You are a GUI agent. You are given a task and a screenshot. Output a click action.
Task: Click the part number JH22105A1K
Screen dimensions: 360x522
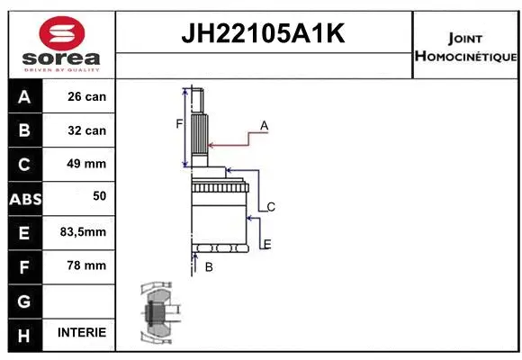264,35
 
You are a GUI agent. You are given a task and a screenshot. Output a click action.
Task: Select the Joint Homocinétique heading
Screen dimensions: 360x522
465,48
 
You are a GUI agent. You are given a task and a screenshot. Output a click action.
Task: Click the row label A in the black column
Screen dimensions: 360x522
23,96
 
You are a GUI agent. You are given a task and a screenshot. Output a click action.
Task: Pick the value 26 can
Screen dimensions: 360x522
86,96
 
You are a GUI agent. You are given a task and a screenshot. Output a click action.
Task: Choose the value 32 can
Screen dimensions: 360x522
86,130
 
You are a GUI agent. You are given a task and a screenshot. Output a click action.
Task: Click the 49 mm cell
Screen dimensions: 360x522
86,164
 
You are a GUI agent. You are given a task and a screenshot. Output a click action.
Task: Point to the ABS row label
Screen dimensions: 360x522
23,199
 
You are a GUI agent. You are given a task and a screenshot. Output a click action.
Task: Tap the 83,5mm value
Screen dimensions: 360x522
83,232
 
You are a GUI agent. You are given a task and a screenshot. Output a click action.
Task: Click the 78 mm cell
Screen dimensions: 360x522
86,265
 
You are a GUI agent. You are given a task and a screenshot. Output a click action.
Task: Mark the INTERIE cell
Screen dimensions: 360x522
82,332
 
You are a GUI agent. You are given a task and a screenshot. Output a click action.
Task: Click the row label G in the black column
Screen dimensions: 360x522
23,300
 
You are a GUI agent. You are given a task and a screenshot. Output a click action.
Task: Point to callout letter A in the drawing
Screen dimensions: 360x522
264,126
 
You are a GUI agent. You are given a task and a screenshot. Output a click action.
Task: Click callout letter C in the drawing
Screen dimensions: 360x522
270,207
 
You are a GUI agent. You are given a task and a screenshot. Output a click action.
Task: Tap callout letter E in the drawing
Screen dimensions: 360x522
266,244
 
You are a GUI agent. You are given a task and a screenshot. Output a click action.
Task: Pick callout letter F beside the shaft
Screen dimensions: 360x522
179,123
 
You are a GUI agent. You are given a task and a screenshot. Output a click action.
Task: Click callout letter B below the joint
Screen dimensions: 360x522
208,267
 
